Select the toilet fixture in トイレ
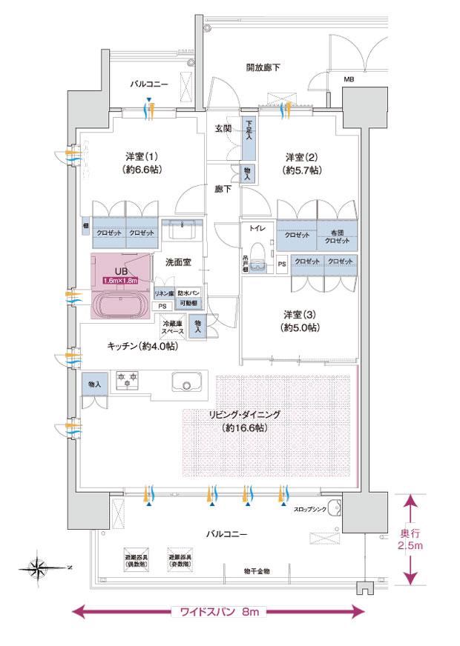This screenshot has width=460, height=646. click(x=258, y=256)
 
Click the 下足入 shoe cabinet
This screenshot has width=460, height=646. click(x=249, y=139)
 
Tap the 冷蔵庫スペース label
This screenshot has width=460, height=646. click(x=173, y=328)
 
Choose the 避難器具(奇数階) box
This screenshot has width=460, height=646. click(x=180, y=560)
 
